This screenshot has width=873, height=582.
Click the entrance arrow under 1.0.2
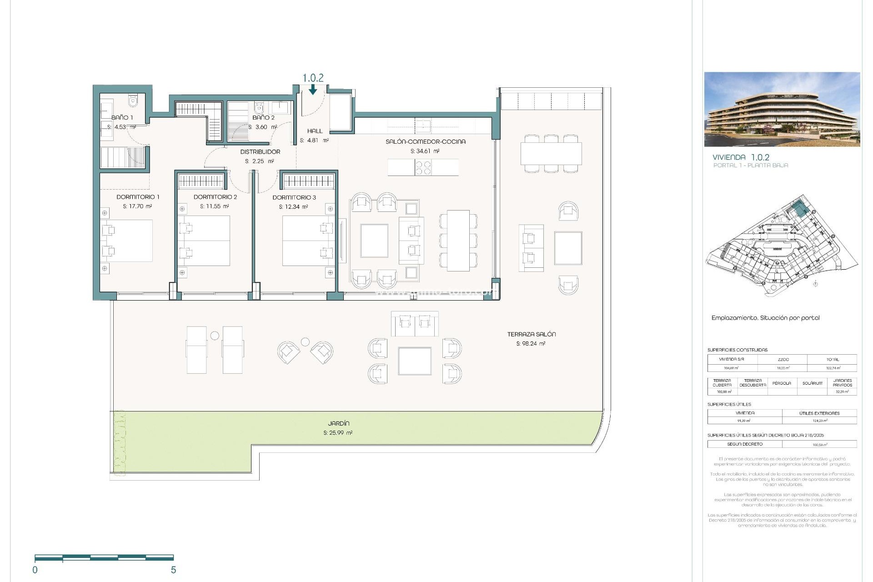[313, 90]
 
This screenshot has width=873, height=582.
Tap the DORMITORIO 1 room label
[138, 197]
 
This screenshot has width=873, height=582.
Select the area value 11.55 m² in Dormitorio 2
[215, 206]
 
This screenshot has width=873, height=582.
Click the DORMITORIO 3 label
[294, 197]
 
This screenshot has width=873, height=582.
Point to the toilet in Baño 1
[133, 101]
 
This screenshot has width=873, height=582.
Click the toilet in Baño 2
[259, 108]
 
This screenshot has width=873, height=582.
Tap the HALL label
[315, 131]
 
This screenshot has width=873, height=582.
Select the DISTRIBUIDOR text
[260, 152]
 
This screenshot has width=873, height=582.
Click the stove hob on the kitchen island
[423, 168]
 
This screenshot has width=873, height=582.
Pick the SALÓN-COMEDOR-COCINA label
[426, 141]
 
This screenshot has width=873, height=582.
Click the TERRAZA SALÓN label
[532, 334]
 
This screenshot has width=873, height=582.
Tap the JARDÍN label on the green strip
[339, 423]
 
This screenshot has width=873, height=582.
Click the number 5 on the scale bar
[173, 570]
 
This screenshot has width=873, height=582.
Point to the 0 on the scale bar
[35, 570]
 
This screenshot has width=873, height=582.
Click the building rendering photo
[782, 109]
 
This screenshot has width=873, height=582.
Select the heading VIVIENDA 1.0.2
[741, 157]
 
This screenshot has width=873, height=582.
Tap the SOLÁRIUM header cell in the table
[812, 383]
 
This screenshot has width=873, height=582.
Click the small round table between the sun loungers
[215, 336]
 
